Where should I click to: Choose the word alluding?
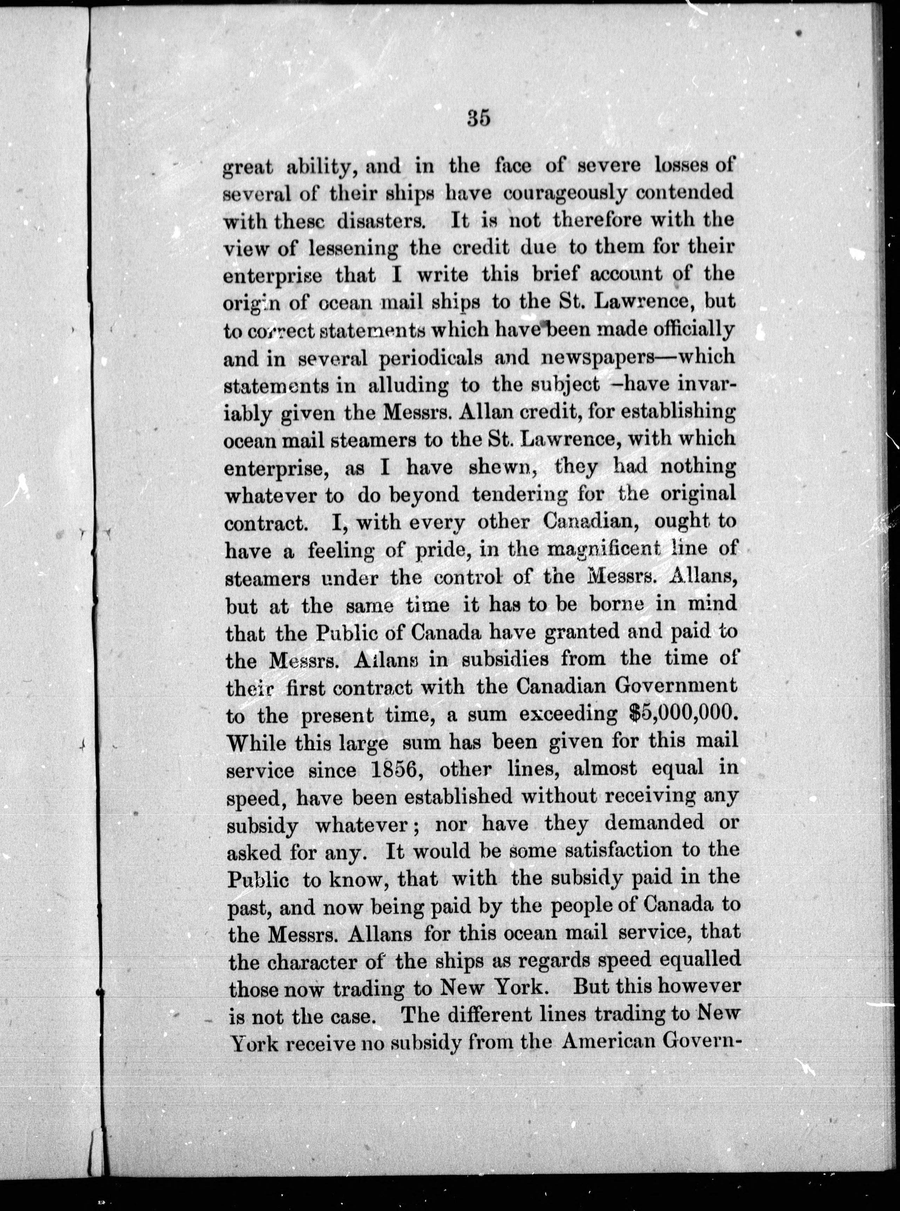(408, 385)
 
